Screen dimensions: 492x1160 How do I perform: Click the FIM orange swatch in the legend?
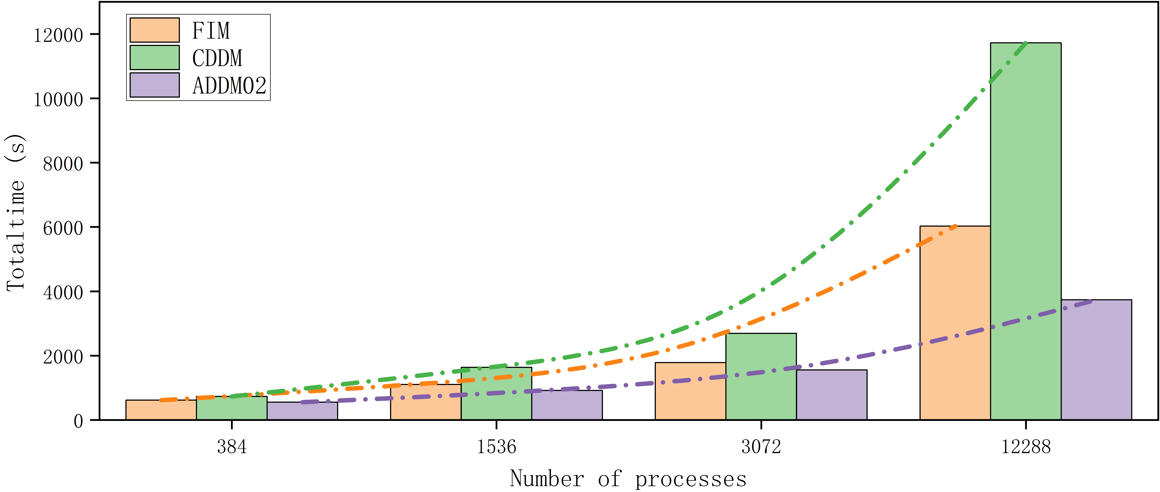[154, 30]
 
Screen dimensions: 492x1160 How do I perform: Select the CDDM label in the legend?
[217, 58]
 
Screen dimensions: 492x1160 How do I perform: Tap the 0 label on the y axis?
[78, 421]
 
